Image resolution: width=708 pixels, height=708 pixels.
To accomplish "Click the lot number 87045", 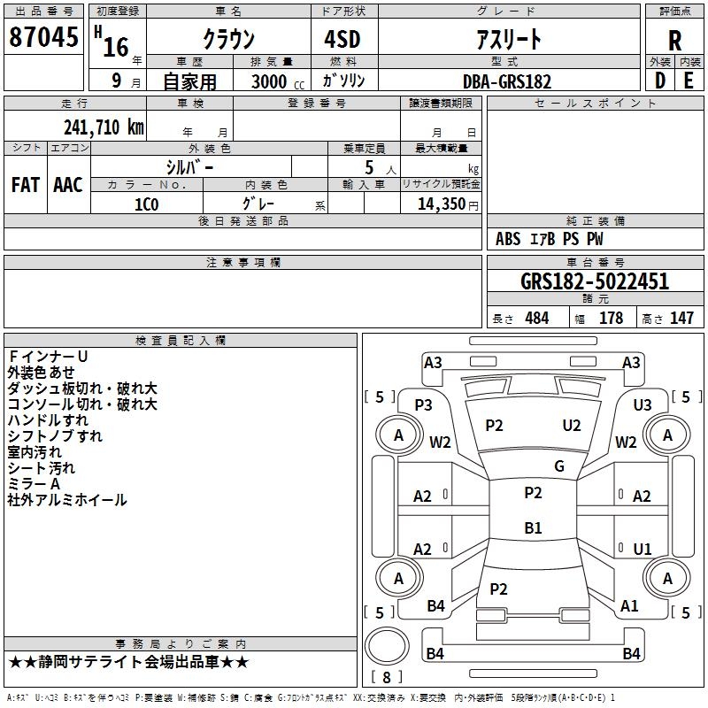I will point(43,38).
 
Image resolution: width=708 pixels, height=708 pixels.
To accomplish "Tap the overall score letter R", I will point(674,40).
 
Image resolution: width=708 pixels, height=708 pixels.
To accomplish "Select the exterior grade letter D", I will point(659,81).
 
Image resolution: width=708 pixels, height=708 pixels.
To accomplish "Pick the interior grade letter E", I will point(689,81).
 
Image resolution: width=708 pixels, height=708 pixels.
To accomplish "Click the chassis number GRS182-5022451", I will point(594,282).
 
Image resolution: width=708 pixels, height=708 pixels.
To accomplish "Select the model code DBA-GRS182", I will point(506,81).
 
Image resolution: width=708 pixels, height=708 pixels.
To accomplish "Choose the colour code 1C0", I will point(146,204).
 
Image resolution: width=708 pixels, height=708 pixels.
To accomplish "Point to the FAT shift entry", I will point(25,185).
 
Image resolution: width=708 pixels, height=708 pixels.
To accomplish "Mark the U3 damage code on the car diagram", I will point(643,404).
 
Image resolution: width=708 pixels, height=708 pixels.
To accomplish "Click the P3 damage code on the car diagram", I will point(423,404).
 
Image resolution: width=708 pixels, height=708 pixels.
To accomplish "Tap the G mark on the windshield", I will point(558,466).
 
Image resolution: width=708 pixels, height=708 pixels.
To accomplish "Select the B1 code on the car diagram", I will point(533,528).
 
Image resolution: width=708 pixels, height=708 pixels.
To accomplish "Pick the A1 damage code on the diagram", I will point(629,606).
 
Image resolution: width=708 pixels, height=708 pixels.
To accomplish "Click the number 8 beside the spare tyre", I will point(385,677).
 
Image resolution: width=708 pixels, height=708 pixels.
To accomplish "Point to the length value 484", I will point(536,319).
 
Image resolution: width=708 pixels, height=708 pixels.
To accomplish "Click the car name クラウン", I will point(229,40).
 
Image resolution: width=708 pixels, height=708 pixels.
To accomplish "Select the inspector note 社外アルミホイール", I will point(67,500).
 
